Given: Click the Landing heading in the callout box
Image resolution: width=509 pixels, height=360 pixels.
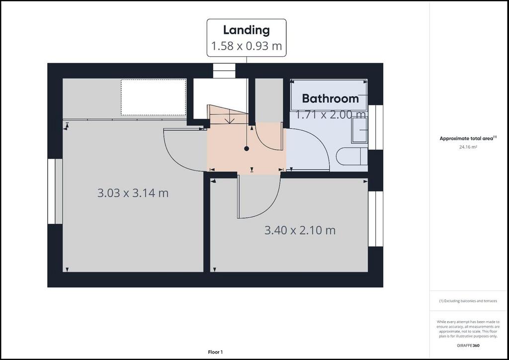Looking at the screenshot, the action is pyautogui.click(x=247, y=30).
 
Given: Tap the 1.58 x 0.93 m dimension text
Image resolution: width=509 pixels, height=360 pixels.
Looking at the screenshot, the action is pyautogui.click(x=247, y=46).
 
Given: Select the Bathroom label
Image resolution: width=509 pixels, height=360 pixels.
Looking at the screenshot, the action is pyautogui.click(x=330, y=98).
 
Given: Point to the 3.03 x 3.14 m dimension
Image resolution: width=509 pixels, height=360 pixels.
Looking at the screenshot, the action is pyautogui.click(x=133, y=193).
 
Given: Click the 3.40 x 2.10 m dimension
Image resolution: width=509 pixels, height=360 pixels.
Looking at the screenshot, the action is pyautogui.click(x=300, y=230).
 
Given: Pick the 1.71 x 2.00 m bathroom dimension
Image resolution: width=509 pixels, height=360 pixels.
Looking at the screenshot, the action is pyautogui.click(x=331, y=114).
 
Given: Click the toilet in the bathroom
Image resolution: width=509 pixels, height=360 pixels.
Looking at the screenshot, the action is pyautogui.click(x=352, y=157).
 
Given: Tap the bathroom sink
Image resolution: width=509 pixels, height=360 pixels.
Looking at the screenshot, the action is pyautogui.click(x=359, y=130).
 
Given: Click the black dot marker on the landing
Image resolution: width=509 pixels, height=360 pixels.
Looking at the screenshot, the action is pyautogui.click(x=247, y=149).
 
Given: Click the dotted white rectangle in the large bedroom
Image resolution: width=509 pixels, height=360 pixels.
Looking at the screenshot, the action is pyautogui.click(x=154, y=97).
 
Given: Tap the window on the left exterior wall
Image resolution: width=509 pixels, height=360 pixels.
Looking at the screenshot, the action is pyautogui.click(x=55, y=191).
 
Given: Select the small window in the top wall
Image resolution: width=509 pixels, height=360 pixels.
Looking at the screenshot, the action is pyautogui.click(x=224, y=71).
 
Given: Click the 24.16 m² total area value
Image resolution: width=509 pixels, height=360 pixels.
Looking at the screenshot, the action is pyautogui.click(x=468, y=147).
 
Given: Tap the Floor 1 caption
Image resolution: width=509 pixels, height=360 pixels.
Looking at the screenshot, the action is pyautogui.click(x=215, y=352).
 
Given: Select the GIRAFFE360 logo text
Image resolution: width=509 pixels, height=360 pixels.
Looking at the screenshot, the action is pyautogui.click(x=468, y=346).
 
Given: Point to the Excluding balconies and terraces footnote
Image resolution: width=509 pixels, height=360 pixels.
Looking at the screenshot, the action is pyautogui.click(x=468, y=301).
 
